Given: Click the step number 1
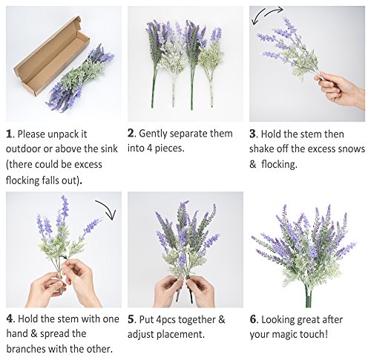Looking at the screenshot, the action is pyautogui.click(x=9, y=134).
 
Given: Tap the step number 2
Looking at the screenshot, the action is pyautogui.click(x=131, y=134).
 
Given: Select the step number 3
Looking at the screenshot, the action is pyautogui.click(x=252, y=134).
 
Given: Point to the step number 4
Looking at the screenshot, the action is pyautogui.click(x=9, y=318).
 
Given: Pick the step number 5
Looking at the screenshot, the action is pyautogui.click(x=131, y=319).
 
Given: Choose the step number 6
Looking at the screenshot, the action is pyautogui.click(x=252, y=319).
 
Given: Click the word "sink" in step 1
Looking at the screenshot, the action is pyautogui.click(x=109, y=149).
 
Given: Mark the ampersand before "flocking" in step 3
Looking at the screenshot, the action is pyautogui.click(x=252, y=164).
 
